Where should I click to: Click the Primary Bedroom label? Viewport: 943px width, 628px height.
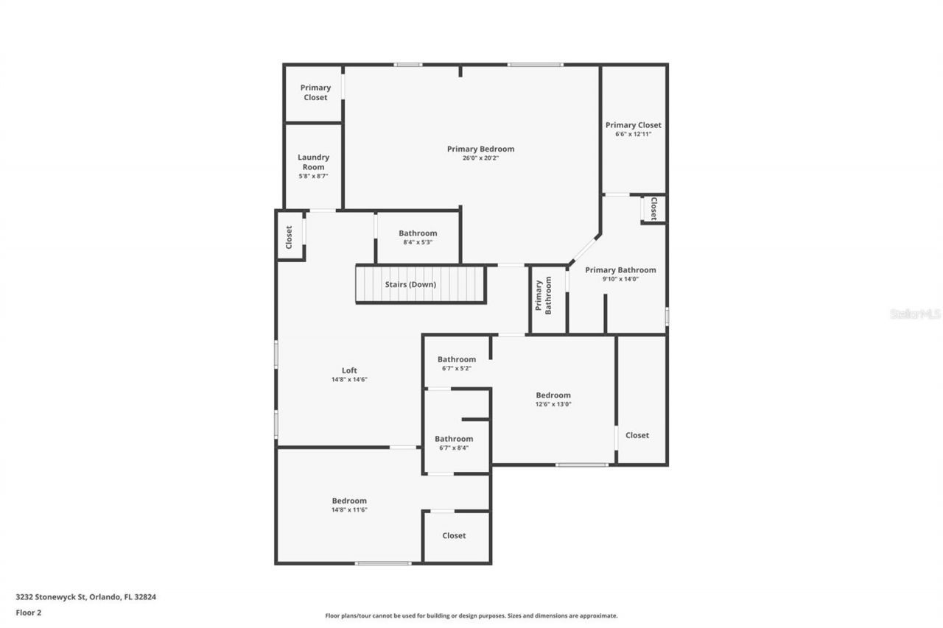tap(480, 149)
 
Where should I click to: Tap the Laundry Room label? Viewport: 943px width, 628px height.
tap(313, 162)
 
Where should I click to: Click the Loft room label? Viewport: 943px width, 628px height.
tap(349, 370)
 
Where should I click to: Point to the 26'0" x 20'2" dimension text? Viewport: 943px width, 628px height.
tap(480, 158)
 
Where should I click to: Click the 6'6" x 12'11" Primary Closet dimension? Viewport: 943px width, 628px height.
tap(633, 134)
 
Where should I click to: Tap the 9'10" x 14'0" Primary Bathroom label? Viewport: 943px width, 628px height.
tap(620, 270)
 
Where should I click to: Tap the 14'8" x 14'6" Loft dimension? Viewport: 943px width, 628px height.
tap(349, 380)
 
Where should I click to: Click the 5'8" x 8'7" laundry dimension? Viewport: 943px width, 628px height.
tap(313, 177)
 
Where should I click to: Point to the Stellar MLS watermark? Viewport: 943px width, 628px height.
tap(915, 314)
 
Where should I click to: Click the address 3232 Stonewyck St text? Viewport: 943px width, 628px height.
tap(85, 597)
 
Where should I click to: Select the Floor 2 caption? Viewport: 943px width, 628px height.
tap(29, 612)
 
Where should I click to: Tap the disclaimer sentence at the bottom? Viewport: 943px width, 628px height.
tap(471, 615)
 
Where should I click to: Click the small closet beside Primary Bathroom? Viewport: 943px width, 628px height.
tap(653, 208)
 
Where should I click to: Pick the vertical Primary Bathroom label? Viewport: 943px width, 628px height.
tap(543, 297)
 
